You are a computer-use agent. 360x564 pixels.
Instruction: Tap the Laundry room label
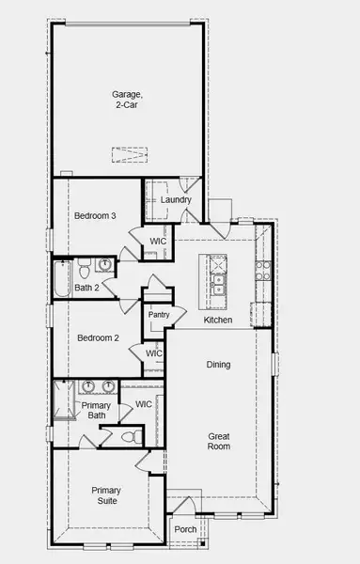176,199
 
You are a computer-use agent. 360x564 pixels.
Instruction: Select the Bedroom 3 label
95,216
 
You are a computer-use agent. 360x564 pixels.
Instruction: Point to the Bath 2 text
87,288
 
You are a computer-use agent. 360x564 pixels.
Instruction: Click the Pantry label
158,314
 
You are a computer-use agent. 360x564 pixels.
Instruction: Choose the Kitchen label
218,321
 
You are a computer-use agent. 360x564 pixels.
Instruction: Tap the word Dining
218,364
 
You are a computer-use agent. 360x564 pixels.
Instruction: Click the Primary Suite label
105,495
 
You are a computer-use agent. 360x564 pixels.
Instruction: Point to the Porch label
186,529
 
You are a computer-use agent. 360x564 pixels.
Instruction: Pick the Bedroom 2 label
97,337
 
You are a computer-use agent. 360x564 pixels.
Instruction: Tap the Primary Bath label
96,411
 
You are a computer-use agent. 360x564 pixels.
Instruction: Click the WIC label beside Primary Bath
143,404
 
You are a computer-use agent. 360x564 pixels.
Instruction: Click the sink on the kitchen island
218,273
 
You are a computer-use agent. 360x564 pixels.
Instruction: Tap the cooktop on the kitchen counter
264,272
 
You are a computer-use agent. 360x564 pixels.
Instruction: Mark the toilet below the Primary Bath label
130,437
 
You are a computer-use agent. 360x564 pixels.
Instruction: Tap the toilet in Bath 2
85,265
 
